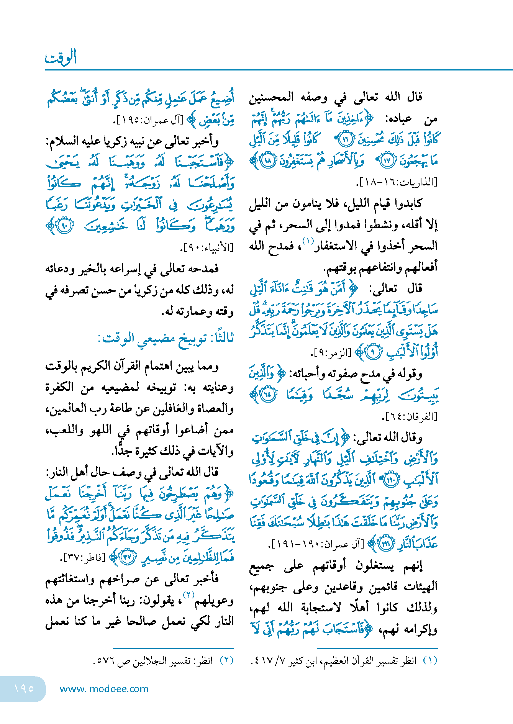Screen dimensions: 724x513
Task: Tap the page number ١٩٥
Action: click(24, 688)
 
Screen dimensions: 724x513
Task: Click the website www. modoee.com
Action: click(104, 688)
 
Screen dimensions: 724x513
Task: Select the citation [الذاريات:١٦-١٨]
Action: click(397, 182)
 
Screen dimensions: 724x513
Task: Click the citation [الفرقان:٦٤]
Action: click(410, 416)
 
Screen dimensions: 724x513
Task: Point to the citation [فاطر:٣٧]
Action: click(84, 557)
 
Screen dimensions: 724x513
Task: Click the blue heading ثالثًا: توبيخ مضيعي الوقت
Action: click(166, 338)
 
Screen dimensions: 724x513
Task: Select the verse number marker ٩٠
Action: click(64, 226)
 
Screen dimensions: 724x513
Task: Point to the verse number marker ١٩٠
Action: click(391, 480)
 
